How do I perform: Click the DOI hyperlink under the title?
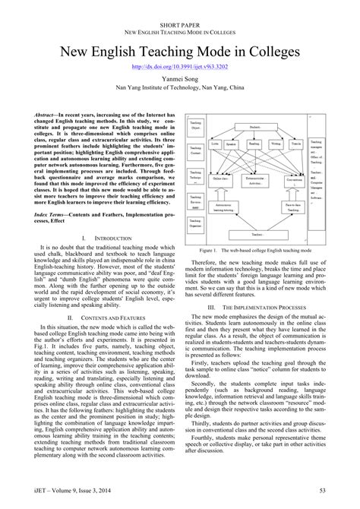point(179,68)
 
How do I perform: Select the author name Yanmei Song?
point(179,80)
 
